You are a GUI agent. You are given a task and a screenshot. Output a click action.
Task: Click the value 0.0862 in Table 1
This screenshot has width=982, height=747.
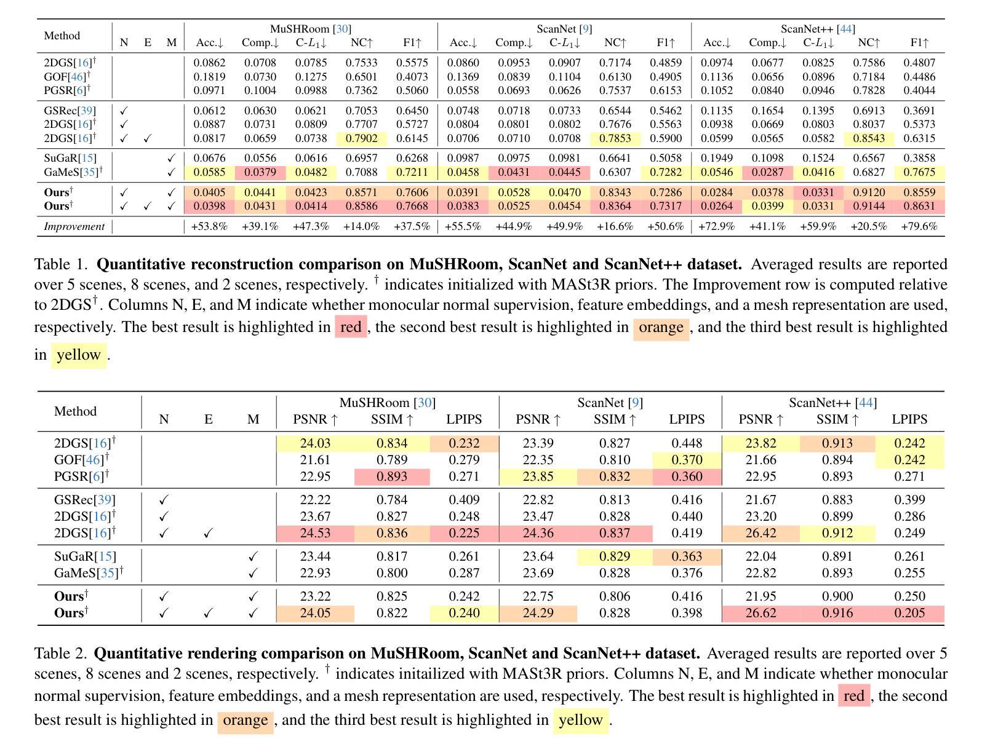209,63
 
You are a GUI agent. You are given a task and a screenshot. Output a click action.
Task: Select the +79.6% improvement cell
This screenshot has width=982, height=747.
919,226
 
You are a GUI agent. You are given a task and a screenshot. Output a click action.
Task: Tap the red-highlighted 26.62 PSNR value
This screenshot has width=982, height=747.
760,613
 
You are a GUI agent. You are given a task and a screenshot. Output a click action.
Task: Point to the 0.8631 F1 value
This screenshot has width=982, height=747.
919,206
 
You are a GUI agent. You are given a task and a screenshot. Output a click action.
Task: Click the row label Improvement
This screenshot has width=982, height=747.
74,226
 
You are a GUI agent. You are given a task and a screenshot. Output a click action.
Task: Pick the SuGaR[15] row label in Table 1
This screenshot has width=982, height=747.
70,158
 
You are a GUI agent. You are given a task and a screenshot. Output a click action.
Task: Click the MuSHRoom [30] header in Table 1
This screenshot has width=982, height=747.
311,29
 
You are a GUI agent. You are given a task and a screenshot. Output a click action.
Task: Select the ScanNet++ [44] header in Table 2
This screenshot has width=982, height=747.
832,403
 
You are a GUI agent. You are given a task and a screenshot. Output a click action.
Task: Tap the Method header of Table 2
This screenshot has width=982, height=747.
76,411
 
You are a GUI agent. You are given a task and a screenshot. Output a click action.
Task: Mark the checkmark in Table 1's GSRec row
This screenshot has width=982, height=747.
124,111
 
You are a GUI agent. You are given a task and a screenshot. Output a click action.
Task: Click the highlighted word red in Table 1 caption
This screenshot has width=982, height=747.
350,326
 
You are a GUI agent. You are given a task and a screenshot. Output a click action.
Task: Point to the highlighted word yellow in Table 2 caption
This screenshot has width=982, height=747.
580,720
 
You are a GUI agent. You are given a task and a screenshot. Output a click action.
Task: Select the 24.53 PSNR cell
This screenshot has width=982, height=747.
315,533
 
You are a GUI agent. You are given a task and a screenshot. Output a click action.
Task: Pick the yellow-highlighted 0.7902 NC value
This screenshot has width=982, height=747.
361,138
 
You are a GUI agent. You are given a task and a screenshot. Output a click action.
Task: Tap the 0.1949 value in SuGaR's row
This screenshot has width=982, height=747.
717,158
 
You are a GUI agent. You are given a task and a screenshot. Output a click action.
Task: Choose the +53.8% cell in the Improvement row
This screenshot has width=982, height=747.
209,226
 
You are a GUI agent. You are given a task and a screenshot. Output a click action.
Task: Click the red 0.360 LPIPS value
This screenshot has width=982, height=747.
687,476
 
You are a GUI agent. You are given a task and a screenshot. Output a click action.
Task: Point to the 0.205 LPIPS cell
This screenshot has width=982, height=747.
909,613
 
